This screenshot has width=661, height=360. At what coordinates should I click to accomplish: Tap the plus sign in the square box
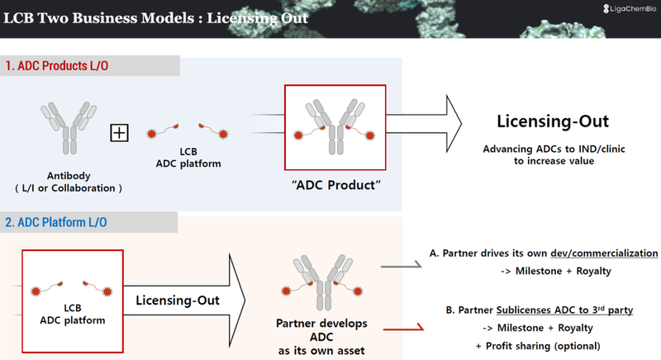120,131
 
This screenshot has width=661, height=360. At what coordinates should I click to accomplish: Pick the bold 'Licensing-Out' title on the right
553,121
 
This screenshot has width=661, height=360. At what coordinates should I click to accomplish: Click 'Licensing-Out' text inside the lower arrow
178,300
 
